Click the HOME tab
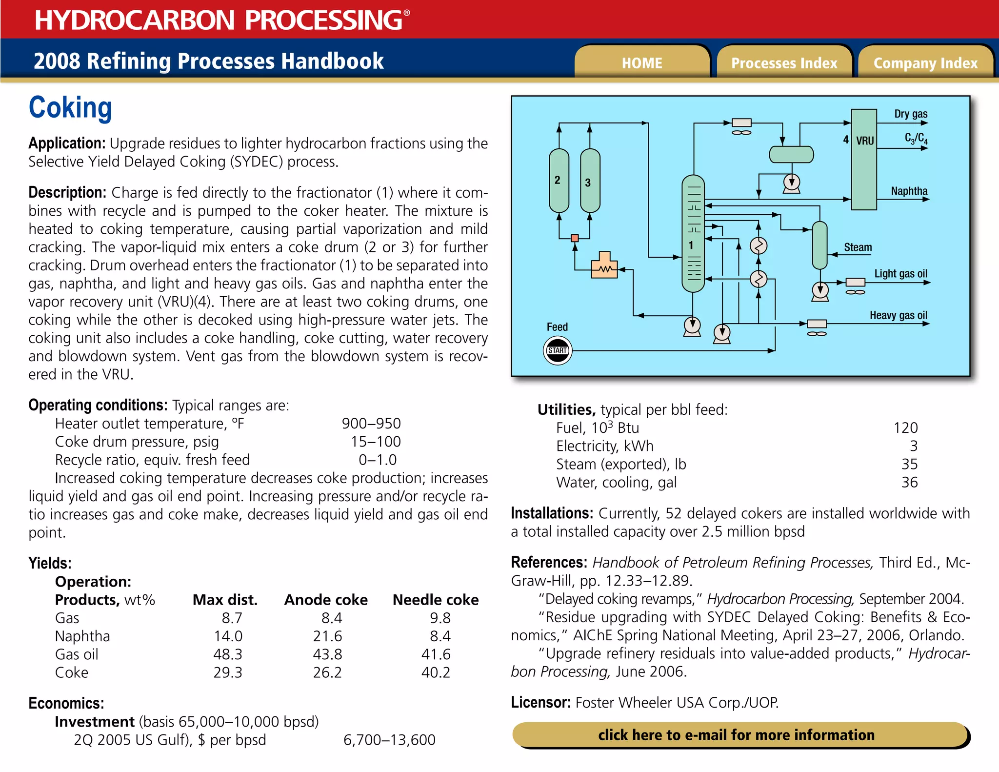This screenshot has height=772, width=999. tap(641, 63)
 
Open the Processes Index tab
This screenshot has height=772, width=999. tap(784, 63)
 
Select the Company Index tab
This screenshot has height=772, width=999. tap(925, 63)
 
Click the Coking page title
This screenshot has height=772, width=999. tap(70, 107)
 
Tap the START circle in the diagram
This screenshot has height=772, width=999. tap(558, 350)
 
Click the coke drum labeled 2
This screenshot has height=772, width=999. tap(559, 181)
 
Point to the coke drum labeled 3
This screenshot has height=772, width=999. tap(590, 182)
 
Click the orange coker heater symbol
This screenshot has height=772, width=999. tap(604, 266)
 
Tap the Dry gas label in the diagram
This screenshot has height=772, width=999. tap(910, 114)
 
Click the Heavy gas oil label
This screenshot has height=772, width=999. tap(898, 315)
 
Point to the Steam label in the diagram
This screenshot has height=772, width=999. tap(858, 247)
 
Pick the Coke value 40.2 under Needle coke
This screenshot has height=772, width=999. tap(436, 672)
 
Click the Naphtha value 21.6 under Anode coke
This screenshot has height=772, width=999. tap(327, 636)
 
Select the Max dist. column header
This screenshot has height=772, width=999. tap(225, 600)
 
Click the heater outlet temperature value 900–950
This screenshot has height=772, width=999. tap(371, 424)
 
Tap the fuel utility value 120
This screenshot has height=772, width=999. tap(905, 428)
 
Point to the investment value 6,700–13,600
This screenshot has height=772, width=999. tap(389, 740)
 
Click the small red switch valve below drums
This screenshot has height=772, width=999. tap(575, 238)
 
